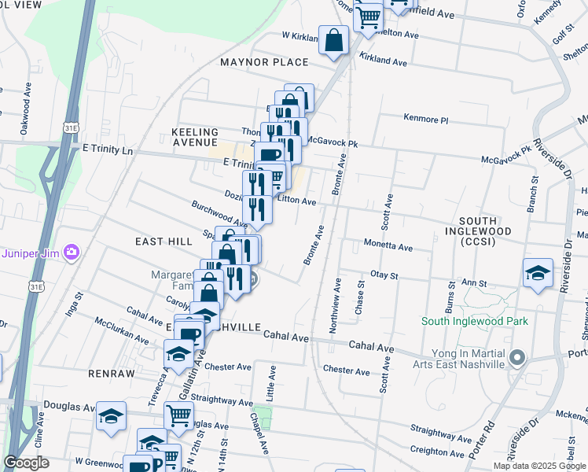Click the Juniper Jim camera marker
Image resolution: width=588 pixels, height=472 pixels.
[72, 253]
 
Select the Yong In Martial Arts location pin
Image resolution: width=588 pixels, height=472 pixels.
[516, 358]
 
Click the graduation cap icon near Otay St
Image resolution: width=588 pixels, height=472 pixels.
[538, 273]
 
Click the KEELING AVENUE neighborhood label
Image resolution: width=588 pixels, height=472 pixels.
[194, 137]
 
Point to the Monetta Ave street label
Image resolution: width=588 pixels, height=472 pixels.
[388, 246]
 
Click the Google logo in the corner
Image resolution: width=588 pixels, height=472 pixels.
[26, 463]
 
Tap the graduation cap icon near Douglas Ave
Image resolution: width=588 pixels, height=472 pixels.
[111, 415]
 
